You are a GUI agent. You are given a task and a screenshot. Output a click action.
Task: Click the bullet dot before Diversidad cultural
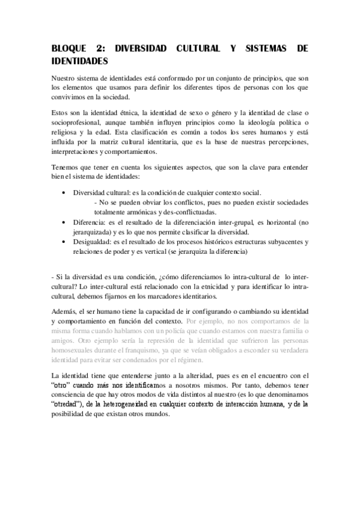(64, 193)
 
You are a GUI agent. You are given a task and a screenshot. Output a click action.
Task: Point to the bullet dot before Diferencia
(64, 222)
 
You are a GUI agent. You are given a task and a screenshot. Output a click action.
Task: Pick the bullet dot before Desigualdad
(64, 242)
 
